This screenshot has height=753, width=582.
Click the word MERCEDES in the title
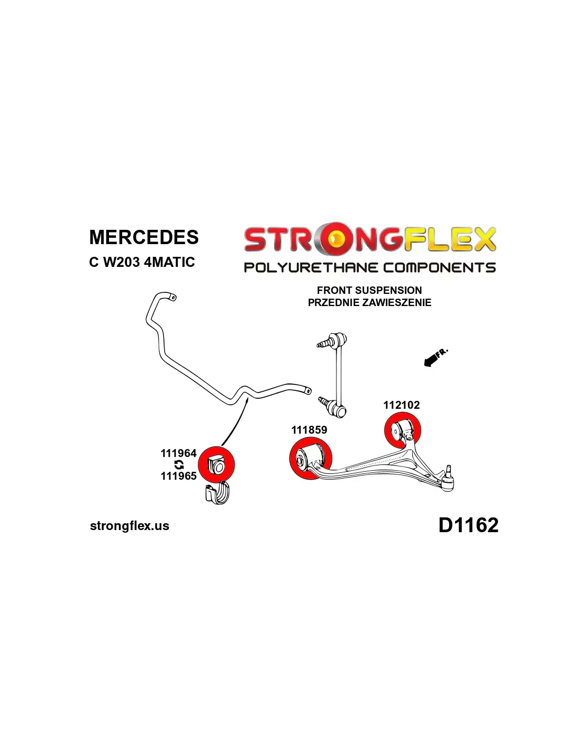click(x=144, y=237)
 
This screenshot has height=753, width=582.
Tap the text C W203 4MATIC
click(x=142, y=262)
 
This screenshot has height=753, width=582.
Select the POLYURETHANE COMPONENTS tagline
click(x=369, y=267)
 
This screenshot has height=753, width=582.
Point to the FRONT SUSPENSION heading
click(x=369, y=290)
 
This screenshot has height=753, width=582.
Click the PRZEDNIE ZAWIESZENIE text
click(x=369, y=302)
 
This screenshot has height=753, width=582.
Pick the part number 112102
click(x=402, y=405)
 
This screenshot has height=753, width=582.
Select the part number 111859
click(x=309, y=430)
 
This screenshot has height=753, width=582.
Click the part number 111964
click(x=178, y=453)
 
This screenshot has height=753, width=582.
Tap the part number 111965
click(x=178, y=476)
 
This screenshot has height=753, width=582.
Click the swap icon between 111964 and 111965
click(x=179, y=465)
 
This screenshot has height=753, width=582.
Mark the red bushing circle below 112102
click(x=402, y=430)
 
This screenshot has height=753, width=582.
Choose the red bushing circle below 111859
click(x=311, y=459)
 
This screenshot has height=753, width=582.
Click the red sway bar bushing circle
click(x=216, y=464)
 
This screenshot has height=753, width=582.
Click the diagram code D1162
click(x=468, y=525)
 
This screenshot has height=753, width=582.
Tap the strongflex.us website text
click(x=130, y=526)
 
